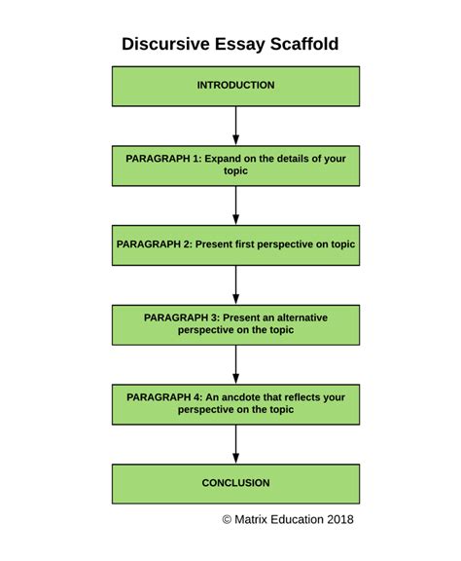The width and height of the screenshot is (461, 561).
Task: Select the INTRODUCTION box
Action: tap(235, 86)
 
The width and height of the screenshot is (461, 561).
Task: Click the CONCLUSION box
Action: tap(235, 483)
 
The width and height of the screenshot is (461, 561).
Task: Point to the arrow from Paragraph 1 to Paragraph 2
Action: tap(235, 205)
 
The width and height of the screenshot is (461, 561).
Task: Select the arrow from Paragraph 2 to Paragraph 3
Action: tap(235, 284)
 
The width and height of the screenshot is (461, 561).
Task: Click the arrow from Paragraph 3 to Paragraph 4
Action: tap(235, 364)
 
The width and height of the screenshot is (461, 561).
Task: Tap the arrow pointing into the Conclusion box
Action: tap(235, 443)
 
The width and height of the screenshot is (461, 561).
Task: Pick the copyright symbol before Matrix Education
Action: tap(228, 519)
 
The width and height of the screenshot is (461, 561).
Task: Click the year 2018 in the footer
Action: tap(339, 519)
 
